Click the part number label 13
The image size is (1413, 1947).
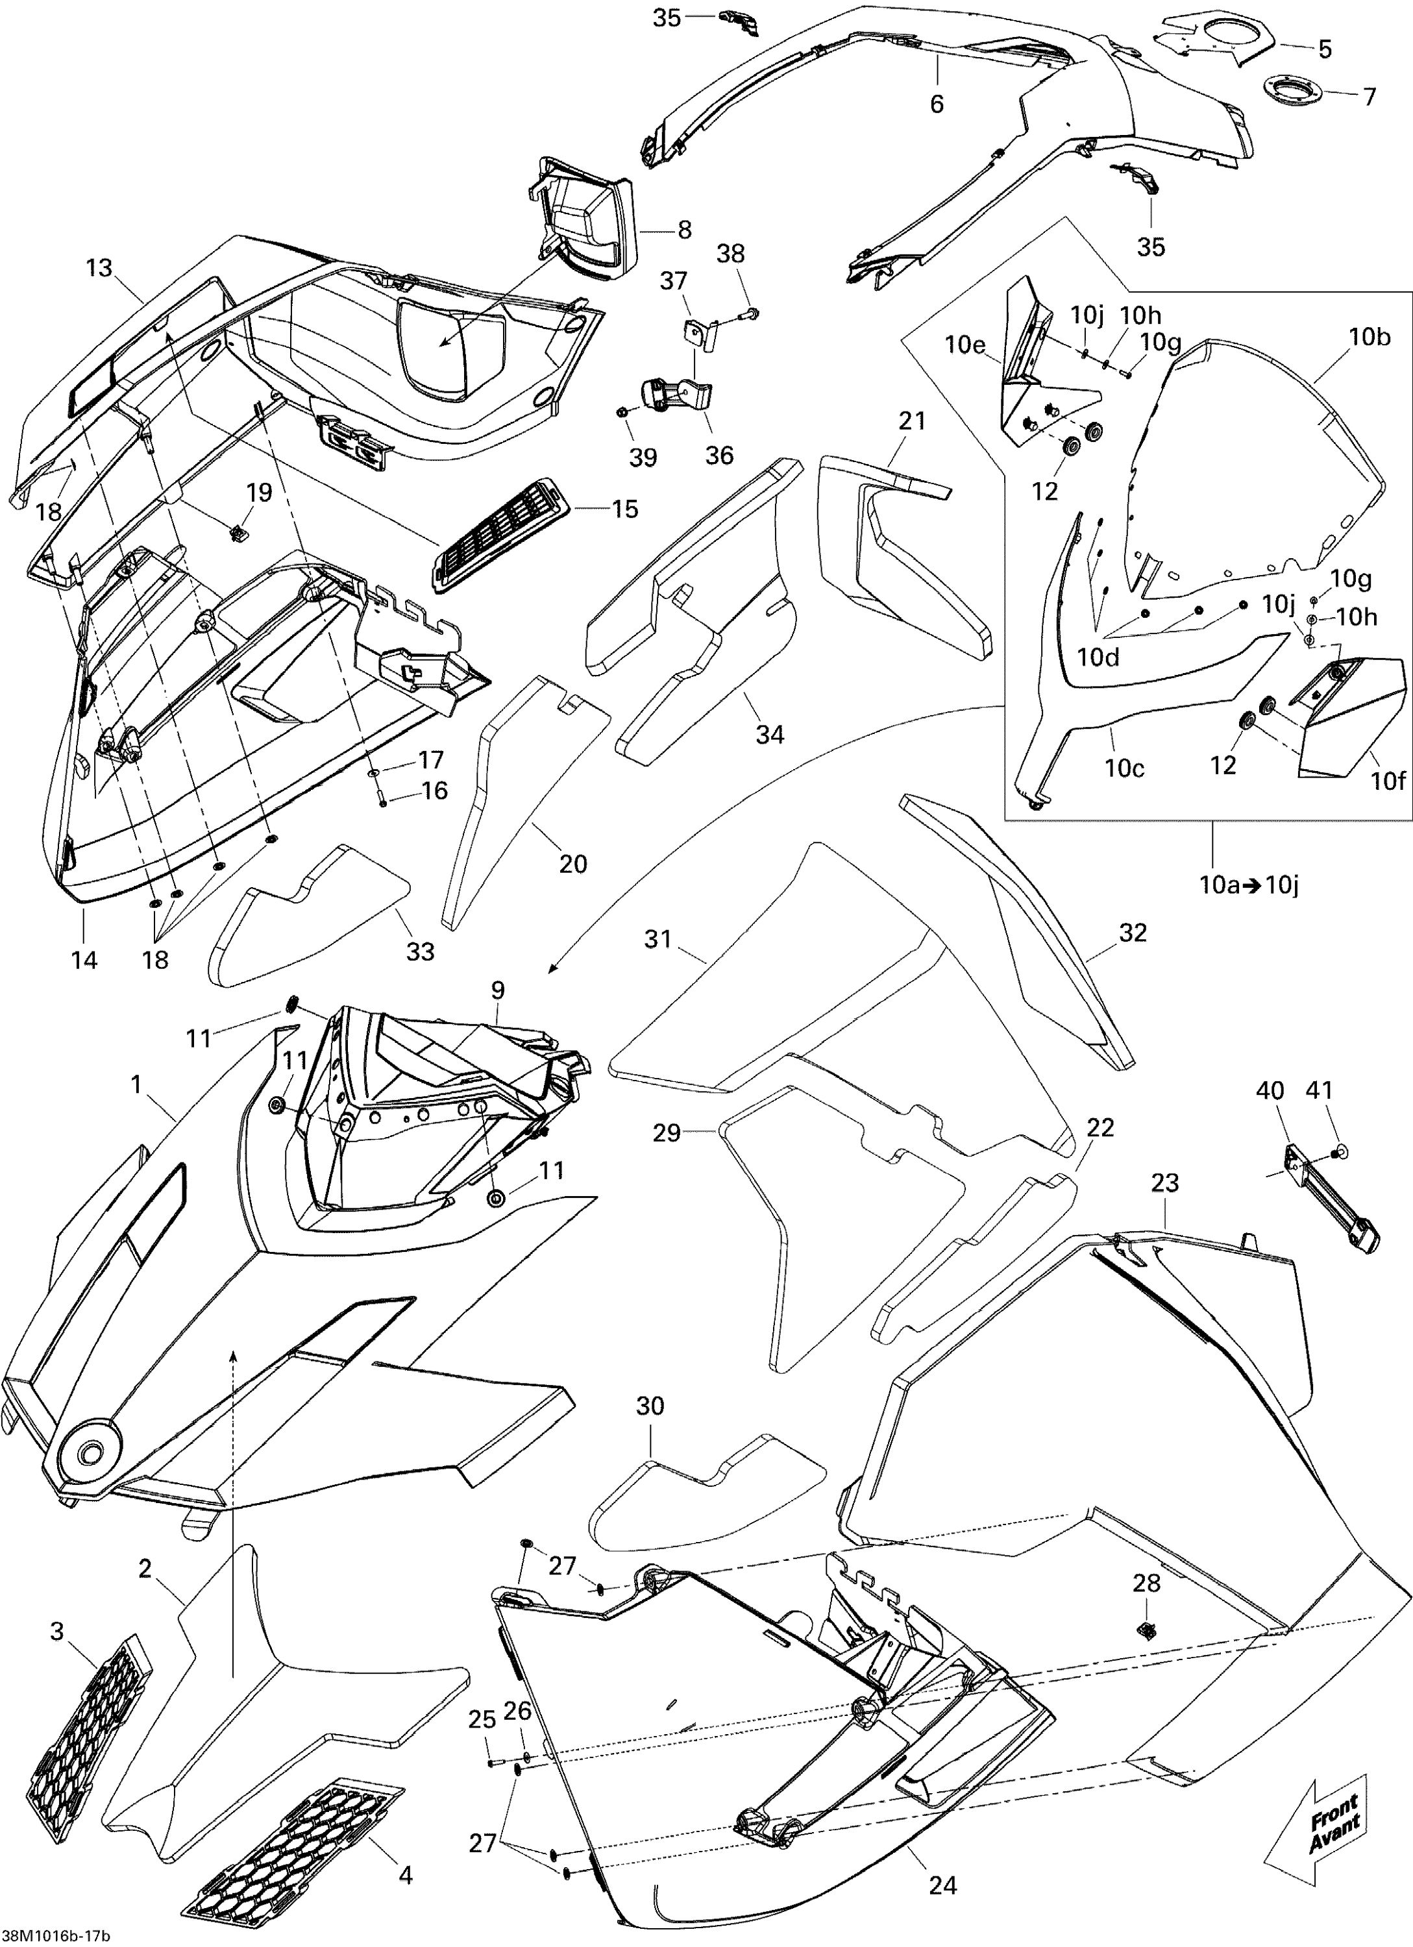point(99,268)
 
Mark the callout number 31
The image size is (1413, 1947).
point(657,939)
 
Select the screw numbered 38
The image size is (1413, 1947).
point(753,311)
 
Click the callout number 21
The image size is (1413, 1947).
point(913,421)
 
